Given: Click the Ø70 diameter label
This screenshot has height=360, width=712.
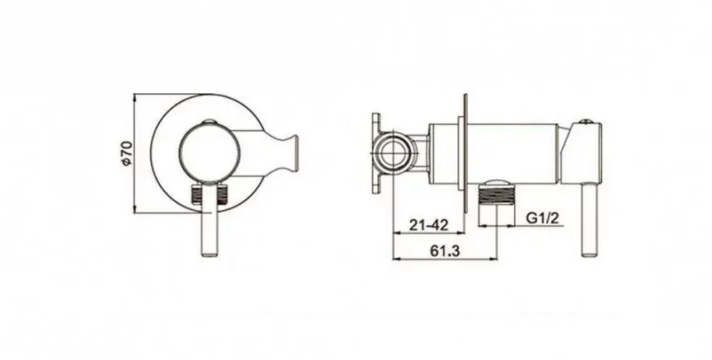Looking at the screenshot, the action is [x=128, y=154].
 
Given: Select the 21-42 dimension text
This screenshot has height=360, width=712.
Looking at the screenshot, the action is [x=429, y=225].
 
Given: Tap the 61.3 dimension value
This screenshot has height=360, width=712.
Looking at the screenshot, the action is [x=445, y=251].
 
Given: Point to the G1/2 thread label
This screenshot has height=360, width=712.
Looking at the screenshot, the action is [x=543, y=218].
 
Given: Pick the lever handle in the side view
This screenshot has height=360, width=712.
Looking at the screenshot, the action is [x=591, y=220].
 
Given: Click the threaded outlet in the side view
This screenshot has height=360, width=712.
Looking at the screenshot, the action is [x=497, y=197].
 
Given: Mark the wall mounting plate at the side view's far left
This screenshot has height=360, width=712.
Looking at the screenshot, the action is [x=376, y=154].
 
